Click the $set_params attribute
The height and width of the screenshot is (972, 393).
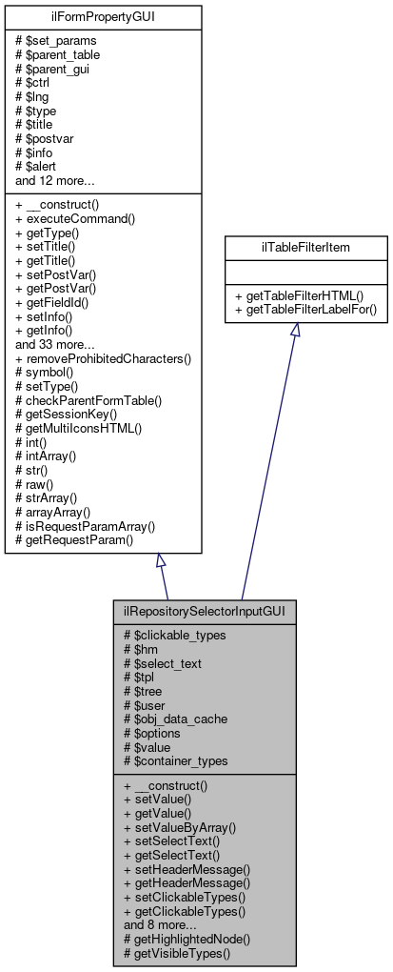(x=55, y=41)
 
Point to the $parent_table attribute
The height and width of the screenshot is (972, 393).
(x=59, y=54)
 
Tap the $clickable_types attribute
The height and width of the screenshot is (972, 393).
(x=171, y=635)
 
